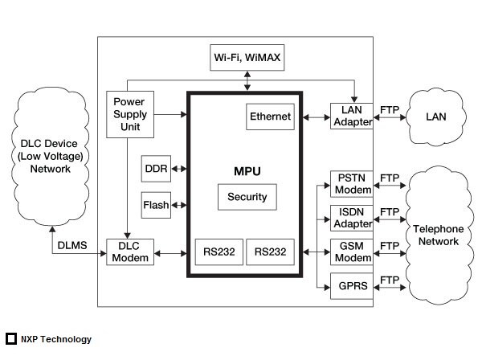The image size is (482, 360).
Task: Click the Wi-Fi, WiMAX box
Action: point(246,58)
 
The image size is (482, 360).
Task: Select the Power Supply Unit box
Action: point(129,114)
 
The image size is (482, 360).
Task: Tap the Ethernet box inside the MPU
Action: point(270,117)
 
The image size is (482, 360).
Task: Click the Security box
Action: point(247,197)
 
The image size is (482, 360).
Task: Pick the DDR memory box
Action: point(154,169)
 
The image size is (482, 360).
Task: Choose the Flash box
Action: point(156,205)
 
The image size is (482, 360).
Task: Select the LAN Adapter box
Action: point(352,116)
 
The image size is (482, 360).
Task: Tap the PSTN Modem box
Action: point(352,183)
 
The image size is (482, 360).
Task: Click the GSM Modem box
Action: point(352,252)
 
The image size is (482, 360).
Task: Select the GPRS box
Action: point(352,285)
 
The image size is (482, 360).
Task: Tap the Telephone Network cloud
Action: point(439,235)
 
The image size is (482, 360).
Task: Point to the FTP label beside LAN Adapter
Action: point(390,110)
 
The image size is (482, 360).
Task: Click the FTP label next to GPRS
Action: point(390,280)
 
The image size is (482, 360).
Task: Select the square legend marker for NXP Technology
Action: point(11,339)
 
